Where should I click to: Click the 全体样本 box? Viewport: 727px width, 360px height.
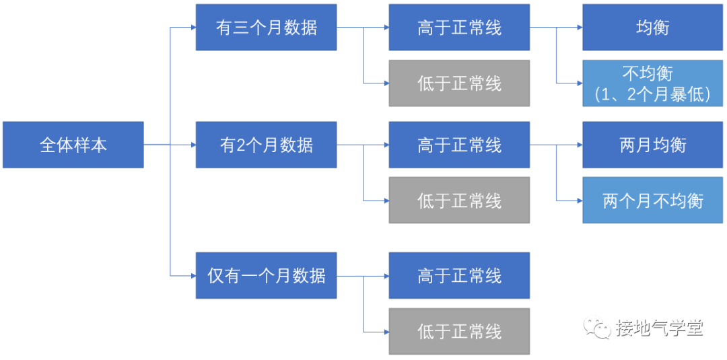pyautogui.click(x=73, y=145)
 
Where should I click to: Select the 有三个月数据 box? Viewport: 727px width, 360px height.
pyautogui.click(x=266, y=28)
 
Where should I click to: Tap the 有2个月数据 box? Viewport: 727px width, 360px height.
pyautogui.click(x=266, y=145)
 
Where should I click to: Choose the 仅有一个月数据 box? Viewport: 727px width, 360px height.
pyautogui.click(x=266, y=275)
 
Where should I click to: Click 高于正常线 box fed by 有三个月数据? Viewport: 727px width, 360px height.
pyautogui.click(x=459, y=28)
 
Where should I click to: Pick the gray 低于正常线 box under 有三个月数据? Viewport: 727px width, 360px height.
pyautogui.click(x=459, y=83)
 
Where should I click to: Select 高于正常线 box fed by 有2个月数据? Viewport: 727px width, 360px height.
pyautogui.click(x=459, y=145)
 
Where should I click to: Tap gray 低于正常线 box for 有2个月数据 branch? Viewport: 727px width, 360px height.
pyautogui.click(x=459, y=201)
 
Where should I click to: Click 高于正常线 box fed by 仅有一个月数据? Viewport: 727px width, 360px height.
pyautogui.click(x=459, y=275)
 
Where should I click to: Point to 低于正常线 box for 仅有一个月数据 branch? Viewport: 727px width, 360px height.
pyautogui.click(x=459, y=331)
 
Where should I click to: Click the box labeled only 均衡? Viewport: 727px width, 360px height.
pyautogui.click(x=652, y=28)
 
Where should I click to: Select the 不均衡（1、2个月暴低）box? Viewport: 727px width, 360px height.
pyautogui.click(x=652, y=83)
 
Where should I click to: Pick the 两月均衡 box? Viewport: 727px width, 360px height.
pyautogui.click(x=652, y=145)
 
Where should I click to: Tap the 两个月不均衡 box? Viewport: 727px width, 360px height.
pyautogui.click(x=652, y=201)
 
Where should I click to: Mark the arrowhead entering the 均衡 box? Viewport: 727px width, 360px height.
pyautogui.click(x=579, y=28)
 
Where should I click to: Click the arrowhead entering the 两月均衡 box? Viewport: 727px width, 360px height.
pyautogui.click(x=579, y=145)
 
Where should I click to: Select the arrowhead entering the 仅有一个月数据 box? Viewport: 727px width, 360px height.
pyautogui.click(x=192, y=275)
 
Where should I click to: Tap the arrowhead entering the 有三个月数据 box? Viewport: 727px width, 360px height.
pyautogui.click(x=192, y=28)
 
